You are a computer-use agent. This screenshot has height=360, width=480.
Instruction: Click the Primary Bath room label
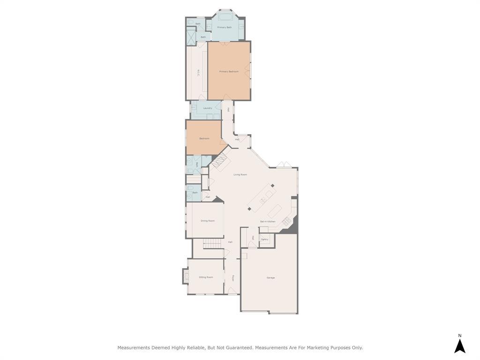pyautogui.click(x=225, y=28)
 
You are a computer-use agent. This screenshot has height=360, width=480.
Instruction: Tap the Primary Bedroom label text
pyautogui.click(x=229, y=72)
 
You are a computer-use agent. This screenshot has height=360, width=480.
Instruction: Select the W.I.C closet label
pyautogui.click(x=198, y=73)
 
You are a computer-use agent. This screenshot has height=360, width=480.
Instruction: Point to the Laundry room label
pyautogui.click(x=208, y=108)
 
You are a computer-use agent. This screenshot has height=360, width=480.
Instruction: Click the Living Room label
pyautogui.click(x=240, y=175)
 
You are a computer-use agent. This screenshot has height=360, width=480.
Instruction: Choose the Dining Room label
pyautogui.click(x=208, y=221)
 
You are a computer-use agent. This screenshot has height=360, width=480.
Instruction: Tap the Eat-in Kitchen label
pyautogui.click(x=268, y=222)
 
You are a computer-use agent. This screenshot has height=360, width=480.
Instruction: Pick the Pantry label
pyautogui.click(x=265, y=240)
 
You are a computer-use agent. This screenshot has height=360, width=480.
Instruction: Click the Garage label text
pyautogui.click(x=270, y=278)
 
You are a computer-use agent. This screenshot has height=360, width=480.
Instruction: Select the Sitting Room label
pyautogui.click(x=206, y=277)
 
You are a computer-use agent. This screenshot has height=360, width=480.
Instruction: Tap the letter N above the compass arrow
pyautogui.click(x=460, y=336)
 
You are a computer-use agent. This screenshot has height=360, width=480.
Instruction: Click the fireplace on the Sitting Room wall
pyautogui.click(x=185, y=277)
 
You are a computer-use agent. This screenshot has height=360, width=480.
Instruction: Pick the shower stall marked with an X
pyautogui.click(x=191, y=36)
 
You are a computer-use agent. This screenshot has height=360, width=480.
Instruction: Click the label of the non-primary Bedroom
pyautogui.click(x=204, y=139)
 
